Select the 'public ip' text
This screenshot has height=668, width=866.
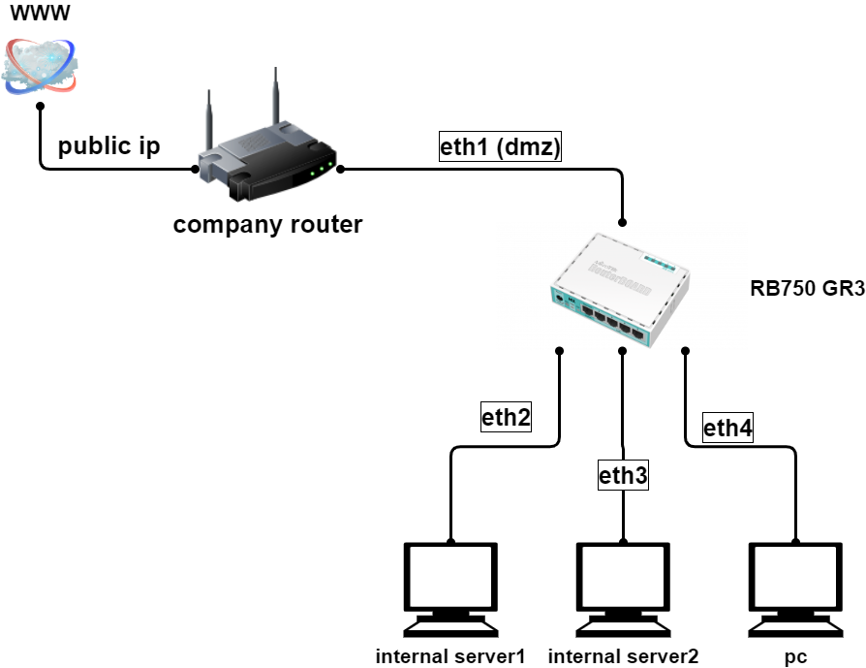[x=108, y=146]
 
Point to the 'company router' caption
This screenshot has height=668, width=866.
[x=267, y=225]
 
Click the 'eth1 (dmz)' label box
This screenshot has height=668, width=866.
[x=500, y=147]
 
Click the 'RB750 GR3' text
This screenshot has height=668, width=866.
[x=807, y=289]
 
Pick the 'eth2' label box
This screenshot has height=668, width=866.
[x=506, y=418]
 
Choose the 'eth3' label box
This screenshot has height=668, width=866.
[x=622, y=475]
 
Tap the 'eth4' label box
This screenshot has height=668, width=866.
[x=727, y=428]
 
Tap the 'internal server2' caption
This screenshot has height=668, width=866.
[x=623, y=656]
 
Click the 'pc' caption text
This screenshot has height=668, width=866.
[x=795, y=656]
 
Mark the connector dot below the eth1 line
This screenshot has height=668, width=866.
[x=623, y=221]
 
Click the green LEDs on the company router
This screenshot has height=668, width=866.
[x=322, y=171]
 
